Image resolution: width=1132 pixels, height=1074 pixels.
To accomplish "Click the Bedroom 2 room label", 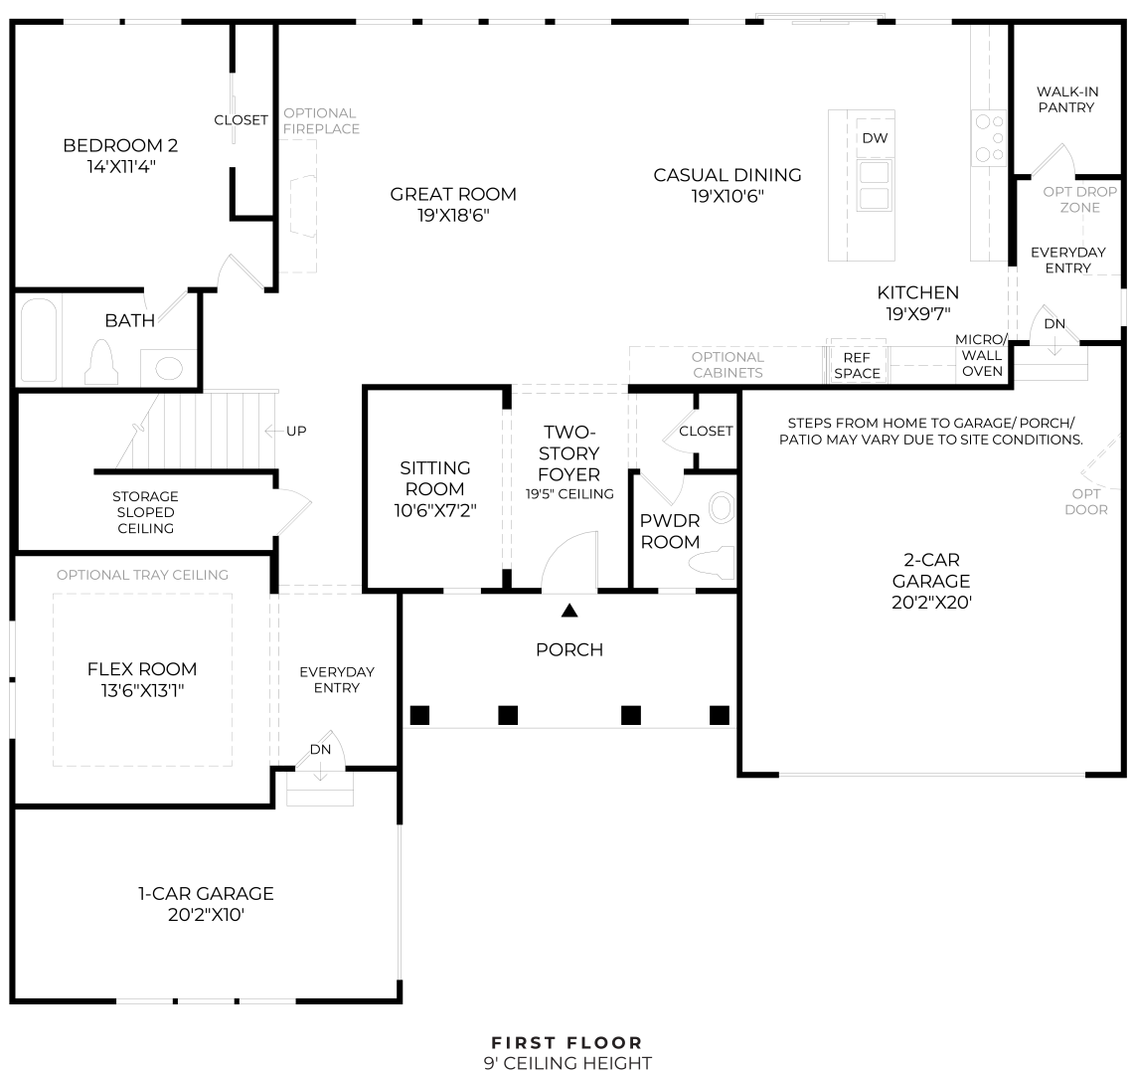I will point(120,146).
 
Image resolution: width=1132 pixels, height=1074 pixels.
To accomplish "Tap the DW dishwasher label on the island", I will point(875,138).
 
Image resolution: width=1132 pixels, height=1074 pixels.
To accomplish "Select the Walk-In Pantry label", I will point(1066,99).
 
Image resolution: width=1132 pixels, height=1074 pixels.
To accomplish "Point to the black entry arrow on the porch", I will point(569,611).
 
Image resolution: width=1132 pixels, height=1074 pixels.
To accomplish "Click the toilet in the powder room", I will point(714,564).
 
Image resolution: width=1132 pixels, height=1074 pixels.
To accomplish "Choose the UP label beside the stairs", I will point(296,431).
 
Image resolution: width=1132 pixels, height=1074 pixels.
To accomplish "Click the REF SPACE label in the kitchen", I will point(857,365).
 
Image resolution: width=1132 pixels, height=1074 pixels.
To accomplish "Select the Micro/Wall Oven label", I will point(981,355).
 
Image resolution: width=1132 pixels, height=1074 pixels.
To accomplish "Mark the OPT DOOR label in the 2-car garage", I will point(1085,501).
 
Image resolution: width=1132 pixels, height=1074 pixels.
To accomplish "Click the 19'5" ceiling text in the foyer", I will point(569,493).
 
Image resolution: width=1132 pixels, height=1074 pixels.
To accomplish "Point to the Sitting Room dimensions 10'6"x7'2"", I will point(435,510).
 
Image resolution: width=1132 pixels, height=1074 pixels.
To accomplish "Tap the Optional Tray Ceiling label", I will point(142,575).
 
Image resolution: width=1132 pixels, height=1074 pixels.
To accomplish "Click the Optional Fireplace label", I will point(321,120).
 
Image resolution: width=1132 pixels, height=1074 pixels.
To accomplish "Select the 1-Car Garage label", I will point(206,893).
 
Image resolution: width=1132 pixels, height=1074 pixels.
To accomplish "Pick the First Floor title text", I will point(566,1042).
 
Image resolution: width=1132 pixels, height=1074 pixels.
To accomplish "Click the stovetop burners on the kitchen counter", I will point(989,138).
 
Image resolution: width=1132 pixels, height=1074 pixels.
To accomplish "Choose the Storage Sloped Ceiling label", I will point(145,512).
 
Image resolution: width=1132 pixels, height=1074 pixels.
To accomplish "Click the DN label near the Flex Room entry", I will point(320,749).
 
